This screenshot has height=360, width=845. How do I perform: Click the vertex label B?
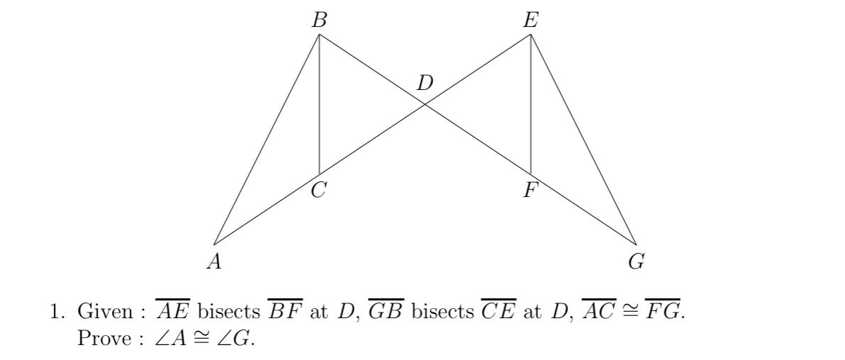click(320, 21)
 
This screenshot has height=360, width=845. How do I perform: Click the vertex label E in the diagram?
click(530, 21)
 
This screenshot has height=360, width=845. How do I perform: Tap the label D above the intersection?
click(425, 84)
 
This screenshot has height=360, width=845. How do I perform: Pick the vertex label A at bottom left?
click(214, 262)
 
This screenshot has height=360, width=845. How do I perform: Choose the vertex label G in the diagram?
click(636, 262)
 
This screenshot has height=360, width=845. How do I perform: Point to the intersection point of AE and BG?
click(425, 104)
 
